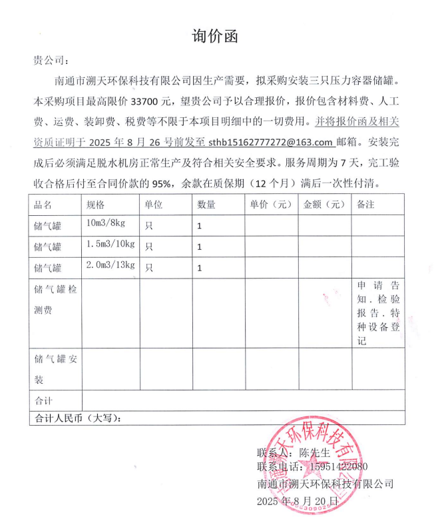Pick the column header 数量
point(206,205)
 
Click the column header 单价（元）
point(270,205)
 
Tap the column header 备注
point(367,205)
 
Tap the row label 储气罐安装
point(56,369)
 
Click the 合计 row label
point(43,401)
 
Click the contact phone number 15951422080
point(334,467)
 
